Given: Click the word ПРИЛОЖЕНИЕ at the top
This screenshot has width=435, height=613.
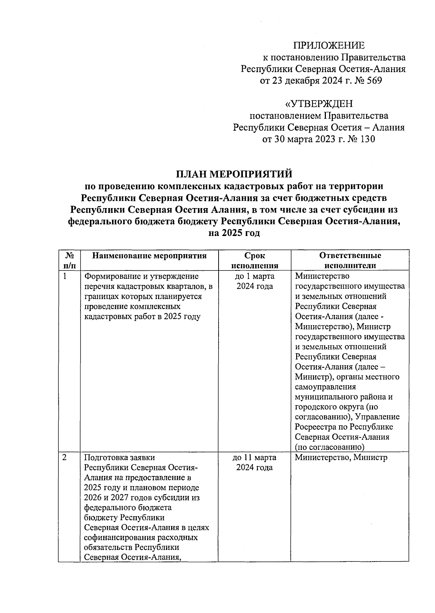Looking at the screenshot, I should point(329,45).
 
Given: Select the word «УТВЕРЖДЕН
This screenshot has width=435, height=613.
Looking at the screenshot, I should point(319,104).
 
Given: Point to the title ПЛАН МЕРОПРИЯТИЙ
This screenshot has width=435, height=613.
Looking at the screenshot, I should point(234,174).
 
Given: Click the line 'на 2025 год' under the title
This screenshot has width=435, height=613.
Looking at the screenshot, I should point(234,233).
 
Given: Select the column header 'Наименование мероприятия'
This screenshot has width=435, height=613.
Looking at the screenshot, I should point(149,256).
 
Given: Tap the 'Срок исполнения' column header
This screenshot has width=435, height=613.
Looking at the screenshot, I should point(254,260).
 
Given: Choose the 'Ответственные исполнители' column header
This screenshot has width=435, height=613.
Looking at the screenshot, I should point(350,260).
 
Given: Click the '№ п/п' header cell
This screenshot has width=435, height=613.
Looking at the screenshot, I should point(69,260).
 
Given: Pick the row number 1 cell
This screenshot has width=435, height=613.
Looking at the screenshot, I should point(65,276).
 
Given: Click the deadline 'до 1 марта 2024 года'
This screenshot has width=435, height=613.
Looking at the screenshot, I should point(254,281).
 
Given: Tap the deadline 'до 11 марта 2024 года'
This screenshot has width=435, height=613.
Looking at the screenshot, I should point(254,463).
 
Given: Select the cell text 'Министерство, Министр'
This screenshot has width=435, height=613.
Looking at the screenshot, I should point(341,457).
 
